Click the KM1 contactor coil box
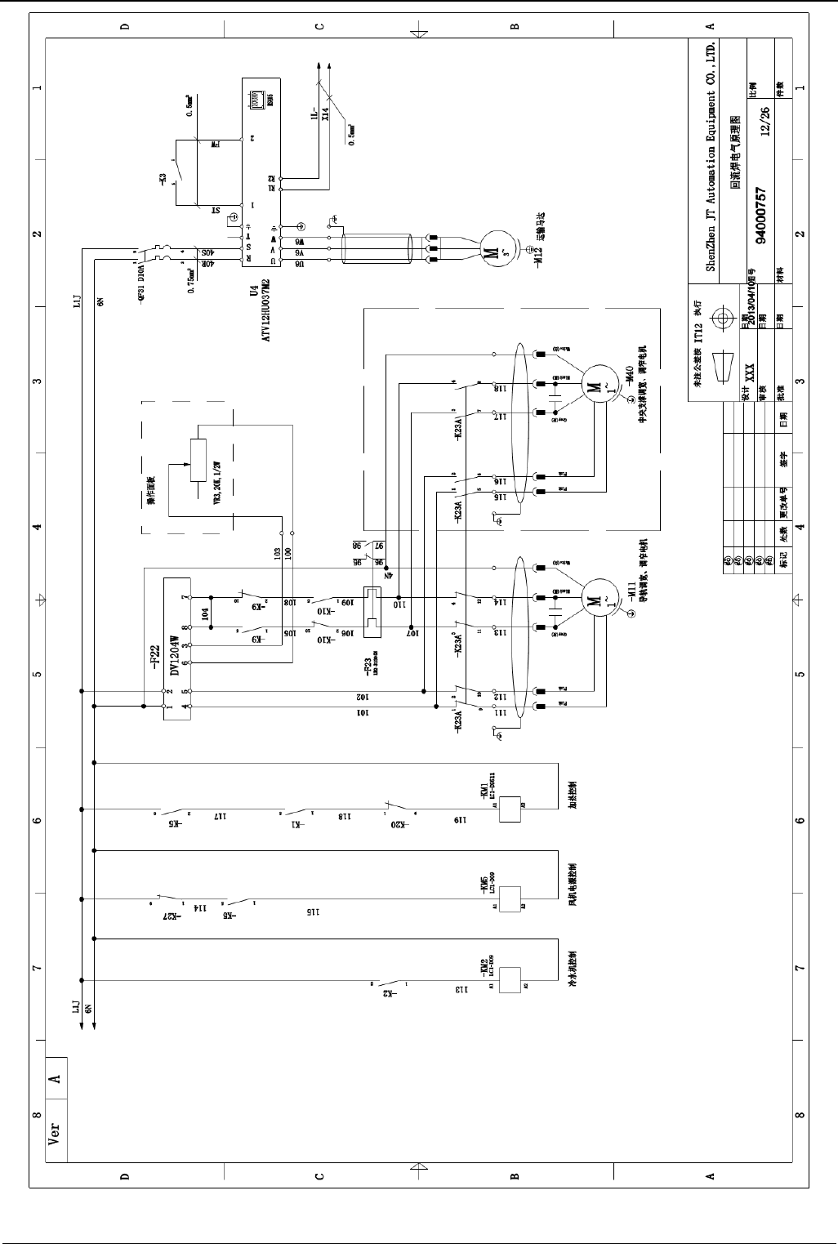tap(510, 809)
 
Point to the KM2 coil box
tap(510, 979)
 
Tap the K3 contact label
tap(163, 181)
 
